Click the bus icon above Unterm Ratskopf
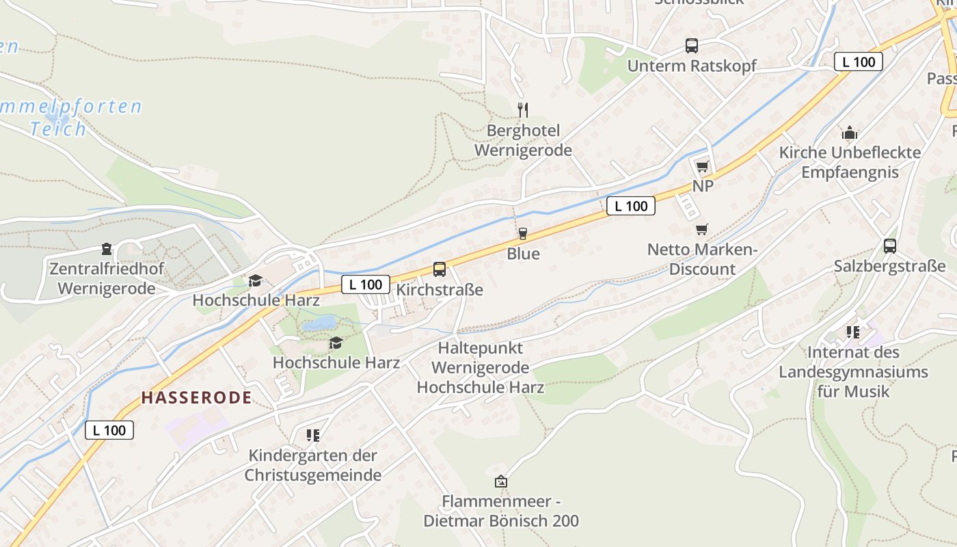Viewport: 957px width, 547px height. (692, 46)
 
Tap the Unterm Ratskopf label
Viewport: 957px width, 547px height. (692, 66)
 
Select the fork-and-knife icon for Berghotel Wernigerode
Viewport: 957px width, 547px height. (523, 109)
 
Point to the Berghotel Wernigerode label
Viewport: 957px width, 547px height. (523, 140)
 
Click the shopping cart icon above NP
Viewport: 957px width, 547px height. (702, 166)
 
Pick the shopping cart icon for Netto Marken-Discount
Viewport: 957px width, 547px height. (702, 229)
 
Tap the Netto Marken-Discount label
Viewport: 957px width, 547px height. (702, 259)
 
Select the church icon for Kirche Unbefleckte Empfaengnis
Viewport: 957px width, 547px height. (850, 132)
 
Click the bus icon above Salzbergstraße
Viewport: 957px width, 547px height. (889, 246)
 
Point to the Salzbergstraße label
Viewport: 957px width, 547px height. (889, 267)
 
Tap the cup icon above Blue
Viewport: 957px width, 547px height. (523, 234)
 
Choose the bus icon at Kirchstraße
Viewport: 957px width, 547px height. (440, 269)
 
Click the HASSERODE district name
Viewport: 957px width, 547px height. (196, 397)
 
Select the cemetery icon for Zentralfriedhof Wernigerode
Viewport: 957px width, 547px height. (107, 248)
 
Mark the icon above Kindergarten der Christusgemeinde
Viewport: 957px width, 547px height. (313, 435)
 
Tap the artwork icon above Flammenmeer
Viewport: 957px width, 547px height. (501, 481)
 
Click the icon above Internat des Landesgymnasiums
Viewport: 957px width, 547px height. (853, 332)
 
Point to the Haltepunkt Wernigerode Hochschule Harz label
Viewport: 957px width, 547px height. (480, 368)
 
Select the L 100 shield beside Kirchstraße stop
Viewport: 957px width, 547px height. (365, 284)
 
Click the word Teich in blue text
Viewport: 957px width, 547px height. (58, 129)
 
